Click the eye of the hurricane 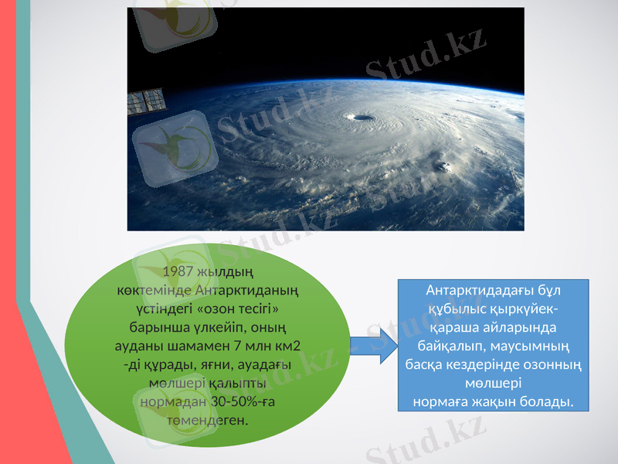[x=361, y=118]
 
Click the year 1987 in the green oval [x=178, y=272]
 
